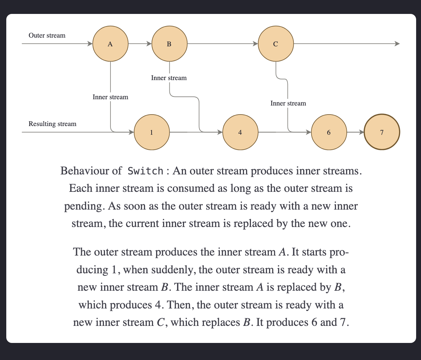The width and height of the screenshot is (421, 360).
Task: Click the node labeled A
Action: click(x=110, y=44)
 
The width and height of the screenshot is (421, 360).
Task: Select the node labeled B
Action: click(x=169, y=44)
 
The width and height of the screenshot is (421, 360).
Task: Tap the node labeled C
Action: click(x=276, y=44)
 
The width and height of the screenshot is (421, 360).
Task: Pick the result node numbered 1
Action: click(x=152, y=132)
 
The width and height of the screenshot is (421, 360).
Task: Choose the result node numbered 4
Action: click(x=240, y=132)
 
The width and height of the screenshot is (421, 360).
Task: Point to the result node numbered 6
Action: click(x=329, y=132)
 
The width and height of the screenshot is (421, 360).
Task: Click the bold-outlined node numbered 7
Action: click(x=382, y=132)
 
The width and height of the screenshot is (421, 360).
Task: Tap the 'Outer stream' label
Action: click(x=47, y=35)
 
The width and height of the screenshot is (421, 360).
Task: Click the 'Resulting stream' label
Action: click(x=52, y=124)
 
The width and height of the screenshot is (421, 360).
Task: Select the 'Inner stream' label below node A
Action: click(x=110, y=97)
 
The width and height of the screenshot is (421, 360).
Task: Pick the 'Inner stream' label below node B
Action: click(x=169, y=78)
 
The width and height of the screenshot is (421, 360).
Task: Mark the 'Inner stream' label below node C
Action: click(x=288, y=103)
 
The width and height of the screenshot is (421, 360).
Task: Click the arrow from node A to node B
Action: click(x=140, y=44)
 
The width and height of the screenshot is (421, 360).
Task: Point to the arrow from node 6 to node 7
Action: click(x=355, y=132)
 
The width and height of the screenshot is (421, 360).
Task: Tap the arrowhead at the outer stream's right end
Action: click(x=397, y=44)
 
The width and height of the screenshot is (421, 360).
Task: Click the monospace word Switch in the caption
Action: click(x=145, y=171)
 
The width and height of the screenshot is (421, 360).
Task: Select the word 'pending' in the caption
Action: click(x=84, y=206)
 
